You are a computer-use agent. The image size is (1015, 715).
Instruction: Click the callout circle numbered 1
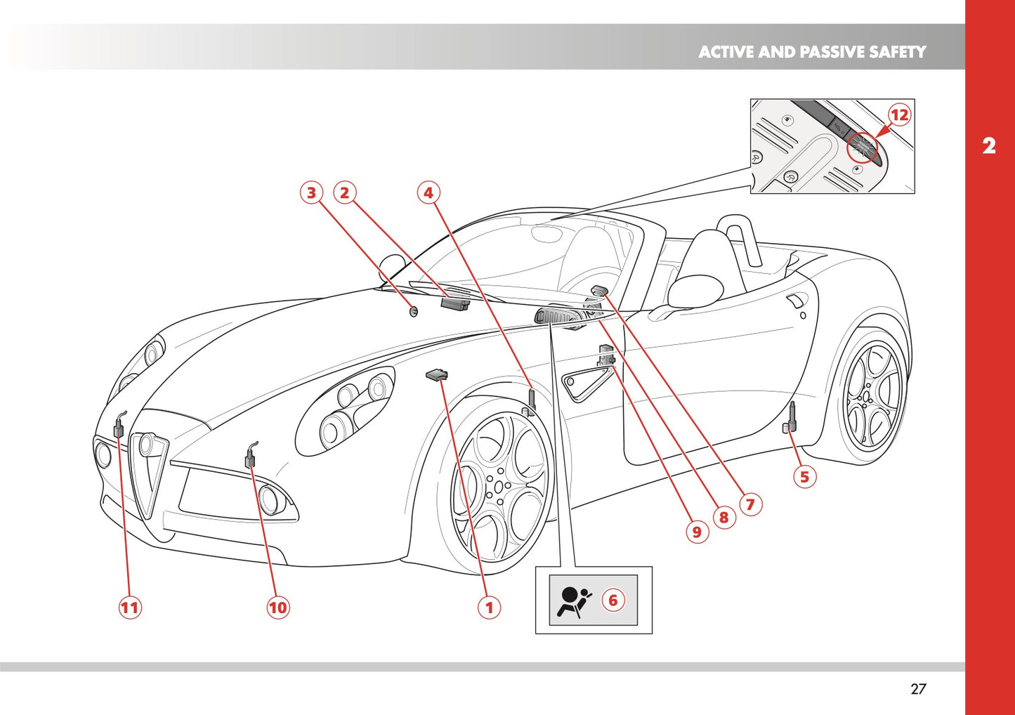coord(490,607)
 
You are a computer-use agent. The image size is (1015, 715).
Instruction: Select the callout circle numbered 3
coord(311,192)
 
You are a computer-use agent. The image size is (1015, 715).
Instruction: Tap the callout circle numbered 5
coord(804,477)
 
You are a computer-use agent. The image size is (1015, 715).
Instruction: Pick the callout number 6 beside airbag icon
coord(613,600)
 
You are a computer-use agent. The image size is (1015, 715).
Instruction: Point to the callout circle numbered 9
coord(696,532)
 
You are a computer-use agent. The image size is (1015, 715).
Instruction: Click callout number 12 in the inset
coord(899,114)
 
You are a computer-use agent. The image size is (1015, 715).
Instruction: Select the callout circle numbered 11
coord(129,607)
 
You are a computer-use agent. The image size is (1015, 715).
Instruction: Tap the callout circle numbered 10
coord(278,607)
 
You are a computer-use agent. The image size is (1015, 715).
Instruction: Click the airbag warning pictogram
coord(572,601)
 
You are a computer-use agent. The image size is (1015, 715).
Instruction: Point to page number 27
coord(918,689)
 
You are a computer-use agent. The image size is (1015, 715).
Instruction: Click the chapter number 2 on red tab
coord(989,146)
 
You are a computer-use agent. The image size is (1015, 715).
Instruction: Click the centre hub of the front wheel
coord(498,486)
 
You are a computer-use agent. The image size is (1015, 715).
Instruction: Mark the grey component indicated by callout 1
coord(437,375)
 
